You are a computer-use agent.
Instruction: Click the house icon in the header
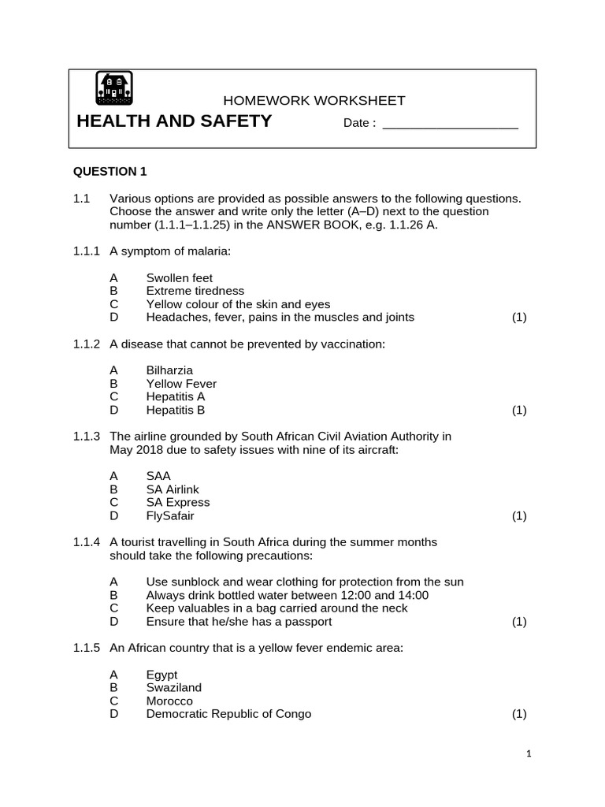tap(114, 88)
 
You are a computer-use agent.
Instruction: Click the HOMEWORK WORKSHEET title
tap(314, 101)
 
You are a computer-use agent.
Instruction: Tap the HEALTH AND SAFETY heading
tap(174, 121)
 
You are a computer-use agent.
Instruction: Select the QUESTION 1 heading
tap(110, 171)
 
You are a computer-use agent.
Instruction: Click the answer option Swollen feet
tap(180, 278)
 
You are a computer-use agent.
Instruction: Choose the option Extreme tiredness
tap(195, 291)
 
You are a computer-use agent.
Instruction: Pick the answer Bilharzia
tap(169, 370)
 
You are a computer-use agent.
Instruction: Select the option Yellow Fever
tap(181, 384)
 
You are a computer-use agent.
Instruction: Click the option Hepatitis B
tap(176, 410)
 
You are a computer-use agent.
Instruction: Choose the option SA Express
tap(178, 503)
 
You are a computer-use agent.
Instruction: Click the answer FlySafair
tap(170, 516)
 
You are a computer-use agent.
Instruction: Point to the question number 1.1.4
tap(87, 542)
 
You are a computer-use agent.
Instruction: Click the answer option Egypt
tap(162, 675)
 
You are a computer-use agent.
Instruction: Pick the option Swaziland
tap(174, 687)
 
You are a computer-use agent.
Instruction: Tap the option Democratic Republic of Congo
tap(228, 714)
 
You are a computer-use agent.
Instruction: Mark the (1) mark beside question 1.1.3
tap(518, 516)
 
